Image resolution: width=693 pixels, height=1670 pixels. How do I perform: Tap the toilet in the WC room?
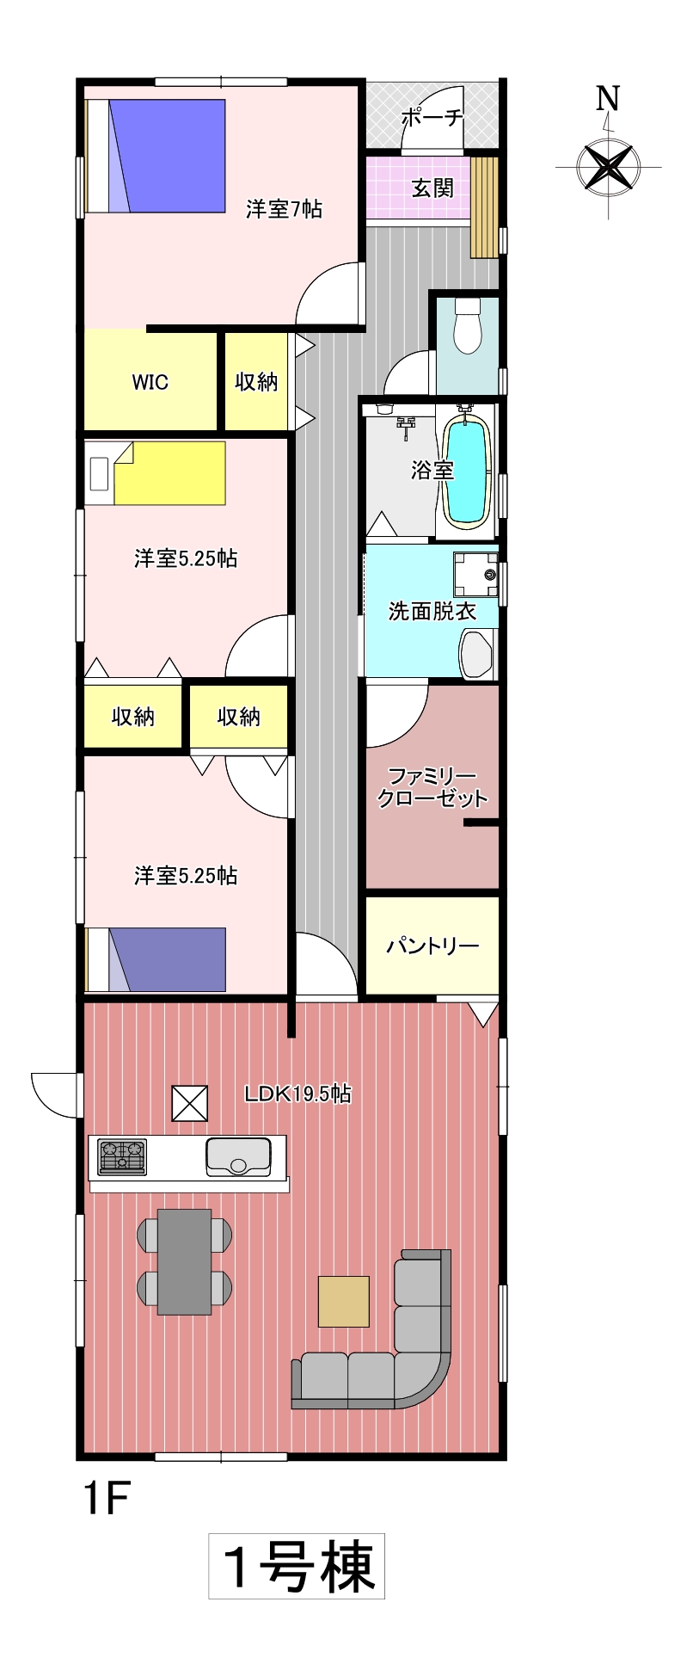tap(468, 325)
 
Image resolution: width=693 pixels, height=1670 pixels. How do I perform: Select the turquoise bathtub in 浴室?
tap(466, 469)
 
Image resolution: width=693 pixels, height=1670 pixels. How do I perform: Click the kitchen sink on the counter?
tap(238, 1156)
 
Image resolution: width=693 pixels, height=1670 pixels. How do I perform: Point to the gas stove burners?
tap(122, 1156)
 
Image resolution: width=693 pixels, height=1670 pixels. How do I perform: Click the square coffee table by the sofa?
tap(344, 1301)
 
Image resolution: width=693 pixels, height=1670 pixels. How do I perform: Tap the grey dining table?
tap(184, 1261)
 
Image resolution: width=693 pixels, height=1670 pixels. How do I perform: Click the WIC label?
tap(150, 382)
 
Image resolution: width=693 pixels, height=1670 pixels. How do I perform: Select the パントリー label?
tap(432, 946)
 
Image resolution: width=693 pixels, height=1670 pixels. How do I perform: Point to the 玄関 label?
tap(432, 188)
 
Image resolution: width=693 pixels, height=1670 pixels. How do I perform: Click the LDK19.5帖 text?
tap(297, 1094)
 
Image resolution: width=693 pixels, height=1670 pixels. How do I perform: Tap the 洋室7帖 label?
tap(284, 209)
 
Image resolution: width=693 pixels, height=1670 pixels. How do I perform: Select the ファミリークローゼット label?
tap(432, 787)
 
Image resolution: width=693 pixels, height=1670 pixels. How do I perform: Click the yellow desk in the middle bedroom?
tap(169, 473)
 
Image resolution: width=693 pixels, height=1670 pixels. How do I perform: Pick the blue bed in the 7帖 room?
tap(156, 156)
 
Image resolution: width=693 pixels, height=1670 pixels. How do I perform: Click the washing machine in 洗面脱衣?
tap(476, 575)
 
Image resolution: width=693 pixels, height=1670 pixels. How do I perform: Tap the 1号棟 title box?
tap(297, 1566)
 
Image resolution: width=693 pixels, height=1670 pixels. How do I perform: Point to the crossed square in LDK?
tap(190, 1104)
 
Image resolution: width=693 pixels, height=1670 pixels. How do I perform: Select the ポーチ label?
tap(432, 118)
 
